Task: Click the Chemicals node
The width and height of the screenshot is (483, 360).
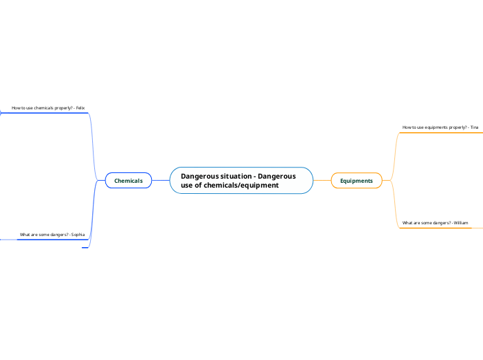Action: point(128,181)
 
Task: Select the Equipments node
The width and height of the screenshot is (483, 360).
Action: point(356,181)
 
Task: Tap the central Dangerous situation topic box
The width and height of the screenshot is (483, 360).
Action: point(241,181)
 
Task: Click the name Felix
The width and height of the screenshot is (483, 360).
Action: point(80,108)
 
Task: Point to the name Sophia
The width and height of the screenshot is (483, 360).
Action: point(78,235)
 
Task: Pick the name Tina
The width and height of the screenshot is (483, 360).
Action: point(474,127)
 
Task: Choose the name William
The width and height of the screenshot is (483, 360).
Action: point(461,223)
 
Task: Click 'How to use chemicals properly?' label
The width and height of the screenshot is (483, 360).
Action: point(42,108)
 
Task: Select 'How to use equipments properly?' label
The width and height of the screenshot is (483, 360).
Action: point(434,127)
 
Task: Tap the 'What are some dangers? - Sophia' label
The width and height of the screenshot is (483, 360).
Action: point(53,235)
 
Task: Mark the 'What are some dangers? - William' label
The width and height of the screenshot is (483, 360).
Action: point(435,223)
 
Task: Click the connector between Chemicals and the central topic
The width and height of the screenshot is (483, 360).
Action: point(161,180)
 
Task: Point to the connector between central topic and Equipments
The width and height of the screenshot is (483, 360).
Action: point(322,180)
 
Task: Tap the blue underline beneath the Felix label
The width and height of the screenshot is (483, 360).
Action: point(44,113)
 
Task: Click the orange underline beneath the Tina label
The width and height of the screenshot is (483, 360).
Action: point(441,133)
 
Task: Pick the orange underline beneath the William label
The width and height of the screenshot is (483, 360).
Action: point(436,228)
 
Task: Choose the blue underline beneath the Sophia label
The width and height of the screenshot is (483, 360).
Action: point(53,240)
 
